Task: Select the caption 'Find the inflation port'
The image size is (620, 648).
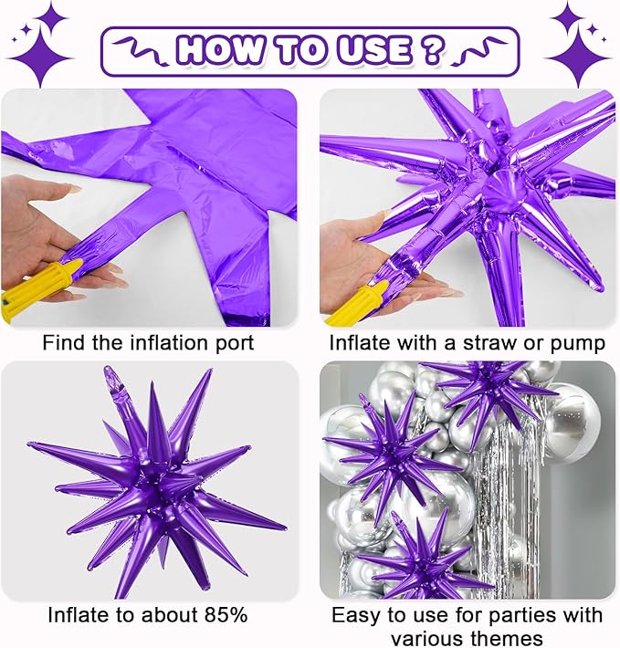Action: click(x=149, y=344)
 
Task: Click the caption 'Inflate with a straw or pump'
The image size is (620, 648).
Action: click(x=468, y=344)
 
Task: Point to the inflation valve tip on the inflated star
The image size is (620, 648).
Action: click(x=112, y=375)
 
